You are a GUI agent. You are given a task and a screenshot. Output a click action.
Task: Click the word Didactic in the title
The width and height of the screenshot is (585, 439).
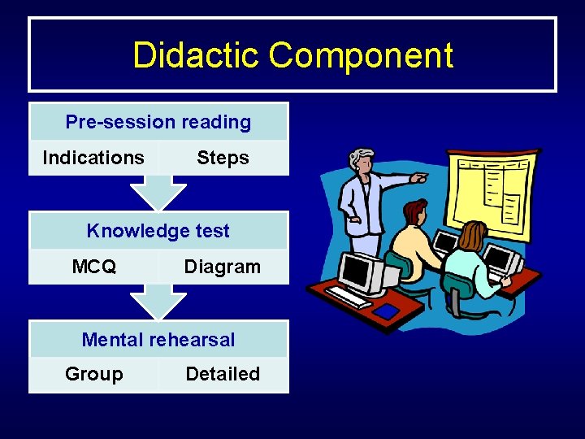197,55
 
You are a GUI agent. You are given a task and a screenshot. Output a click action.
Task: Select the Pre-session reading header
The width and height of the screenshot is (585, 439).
158,122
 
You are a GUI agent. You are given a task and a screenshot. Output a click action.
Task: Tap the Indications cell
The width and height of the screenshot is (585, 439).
93,158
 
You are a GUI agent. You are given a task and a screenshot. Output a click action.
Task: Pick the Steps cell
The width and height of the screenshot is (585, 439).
223,158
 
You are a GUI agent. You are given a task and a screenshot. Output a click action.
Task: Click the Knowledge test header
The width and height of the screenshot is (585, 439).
158,231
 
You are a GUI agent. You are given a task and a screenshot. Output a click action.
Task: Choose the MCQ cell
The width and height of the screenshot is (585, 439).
94,267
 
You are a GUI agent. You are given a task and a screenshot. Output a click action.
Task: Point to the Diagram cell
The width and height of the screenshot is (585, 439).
223,267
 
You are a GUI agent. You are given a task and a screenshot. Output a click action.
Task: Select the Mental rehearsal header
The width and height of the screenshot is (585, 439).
158,340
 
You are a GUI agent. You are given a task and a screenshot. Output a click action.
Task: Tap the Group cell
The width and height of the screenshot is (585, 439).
94,374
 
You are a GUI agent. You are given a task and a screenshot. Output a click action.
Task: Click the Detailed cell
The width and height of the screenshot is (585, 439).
223,374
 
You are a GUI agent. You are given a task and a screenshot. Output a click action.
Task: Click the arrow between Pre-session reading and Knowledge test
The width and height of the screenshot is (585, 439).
158,193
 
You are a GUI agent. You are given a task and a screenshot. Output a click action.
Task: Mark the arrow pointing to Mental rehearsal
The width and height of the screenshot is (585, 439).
158,302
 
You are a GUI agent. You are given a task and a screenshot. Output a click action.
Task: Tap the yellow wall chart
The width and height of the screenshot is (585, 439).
494,189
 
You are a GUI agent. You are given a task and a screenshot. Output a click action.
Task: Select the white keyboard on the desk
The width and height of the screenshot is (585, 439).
349,298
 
